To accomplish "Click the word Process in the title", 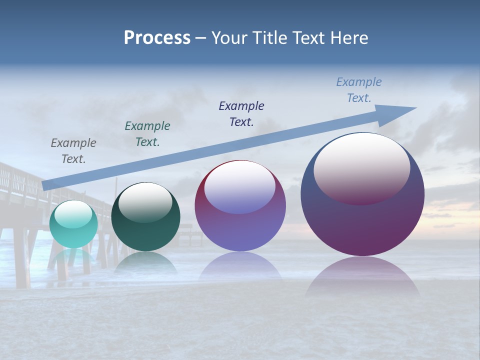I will click(157, 38).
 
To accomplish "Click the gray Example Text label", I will click(73, 151).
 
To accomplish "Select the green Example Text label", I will click(147, 134).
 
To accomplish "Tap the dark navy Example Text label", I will click(241, 114).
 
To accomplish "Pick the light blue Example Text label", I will click(359, 90).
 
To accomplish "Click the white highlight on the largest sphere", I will click(361, 167).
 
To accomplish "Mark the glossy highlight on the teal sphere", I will click(73, 214).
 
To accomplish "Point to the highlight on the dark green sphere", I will click(145, 202).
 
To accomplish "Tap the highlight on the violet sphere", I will click(240, 188).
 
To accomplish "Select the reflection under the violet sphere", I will click(240, 265).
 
